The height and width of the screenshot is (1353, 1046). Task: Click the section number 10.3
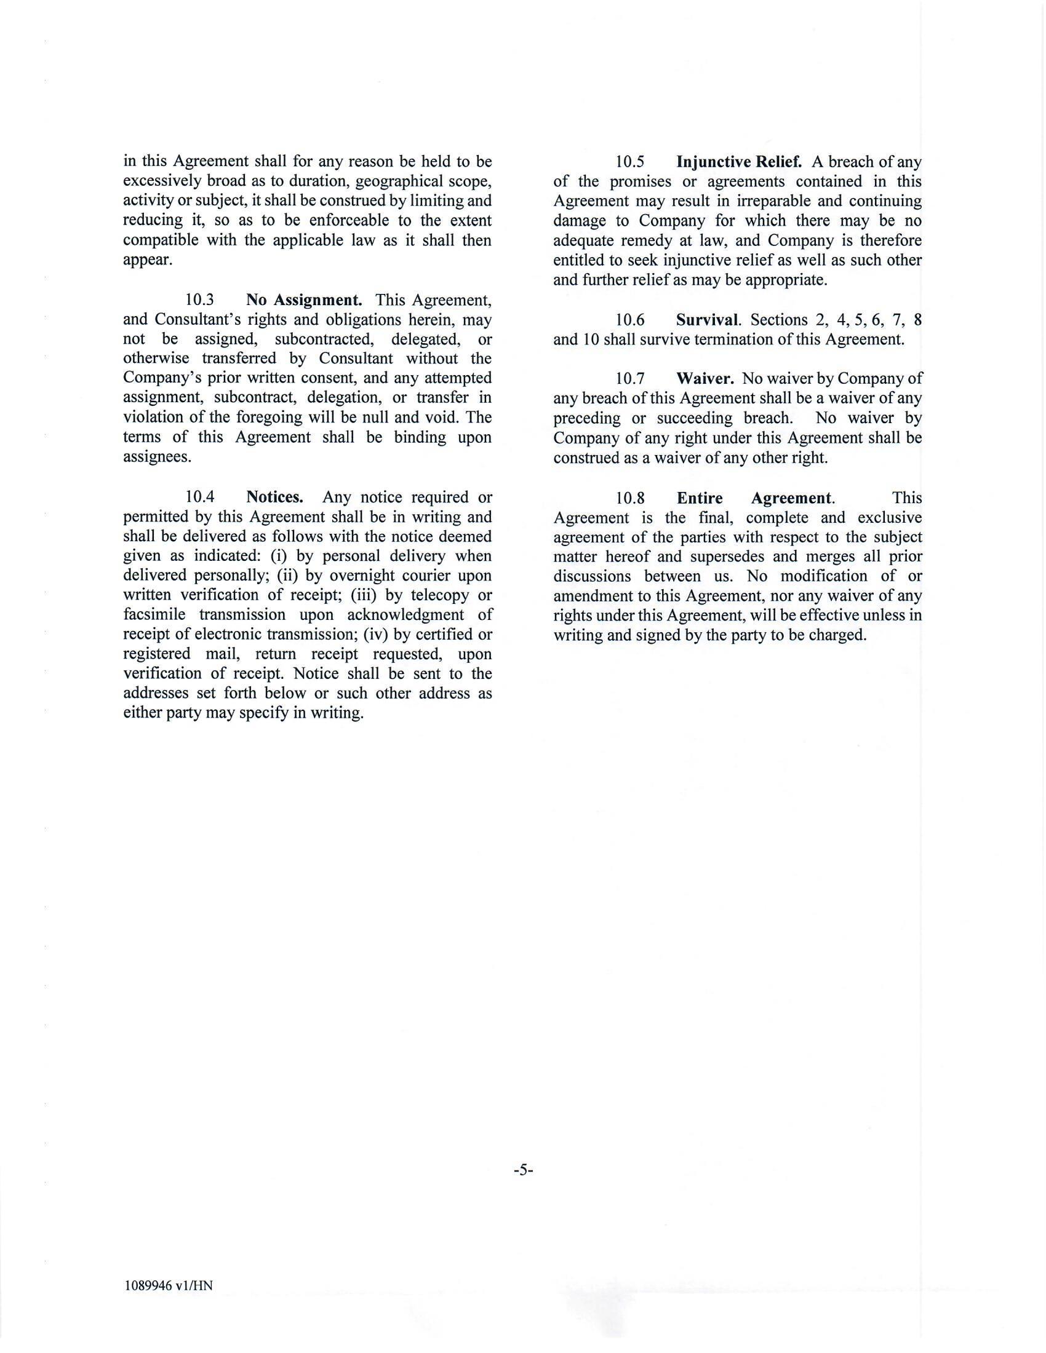click(x=199, y=301)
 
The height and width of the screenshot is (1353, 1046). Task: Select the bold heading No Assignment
click(x=303, y=301)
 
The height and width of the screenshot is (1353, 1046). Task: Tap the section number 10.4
click(x=199, y=498)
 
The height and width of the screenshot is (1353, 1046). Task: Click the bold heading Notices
click(x=274, y=498)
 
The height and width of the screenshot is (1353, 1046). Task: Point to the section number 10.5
click(x=630, y=162)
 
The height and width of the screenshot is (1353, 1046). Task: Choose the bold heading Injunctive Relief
click(x=739, y=162)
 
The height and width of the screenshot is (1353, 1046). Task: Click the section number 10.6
click(x=630, y=320)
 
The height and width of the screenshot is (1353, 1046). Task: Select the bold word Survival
click(x=708, y=320)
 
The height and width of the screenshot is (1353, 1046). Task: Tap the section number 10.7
click(x=630, y=378)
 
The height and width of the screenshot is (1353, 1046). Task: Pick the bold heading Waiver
click(x=705, y=378)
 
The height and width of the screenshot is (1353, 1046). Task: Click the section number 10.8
click(x=630, y=499)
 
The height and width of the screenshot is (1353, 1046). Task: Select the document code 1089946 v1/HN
click(x=168, y=1286)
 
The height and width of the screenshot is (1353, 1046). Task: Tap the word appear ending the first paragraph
click(x=148, y=261)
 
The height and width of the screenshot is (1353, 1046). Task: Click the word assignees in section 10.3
click(x=158, y=458)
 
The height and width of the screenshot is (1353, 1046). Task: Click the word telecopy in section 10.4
click(x=439, y=595)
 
